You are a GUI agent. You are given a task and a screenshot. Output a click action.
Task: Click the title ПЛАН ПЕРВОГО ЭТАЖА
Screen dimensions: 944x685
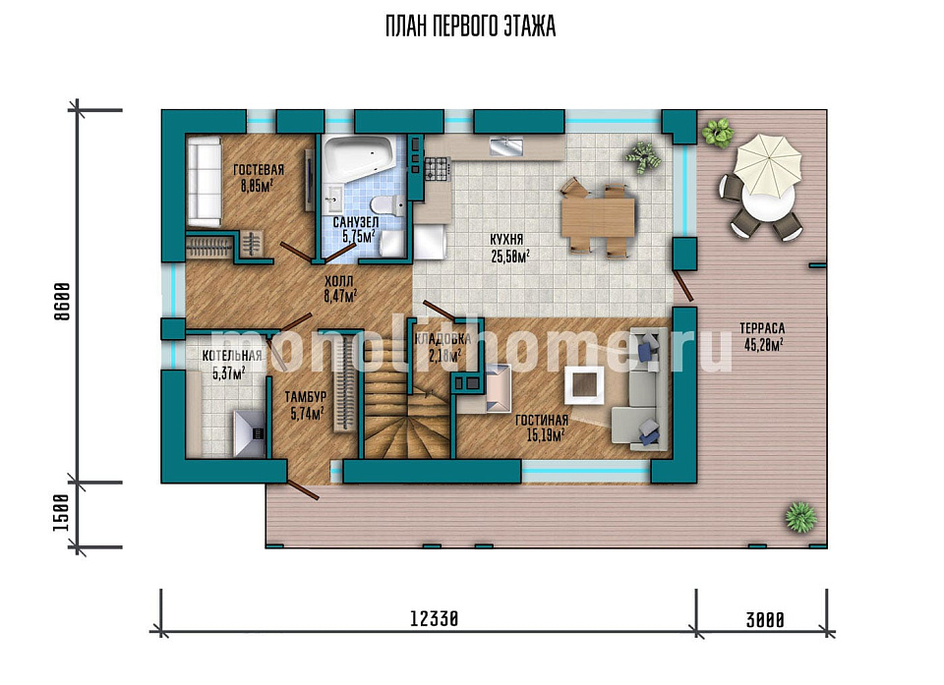click(x=470, y=28)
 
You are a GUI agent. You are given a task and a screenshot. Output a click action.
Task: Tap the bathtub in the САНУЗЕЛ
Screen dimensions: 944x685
click(x=359, y=158)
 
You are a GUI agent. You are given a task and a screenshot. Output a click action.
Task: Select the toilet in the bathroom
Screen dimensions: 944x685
click(x=389, y=205)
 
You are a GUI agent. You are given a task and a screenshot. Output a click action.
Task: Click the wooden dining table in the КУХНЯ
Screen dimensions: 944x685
click(x=597, y=218)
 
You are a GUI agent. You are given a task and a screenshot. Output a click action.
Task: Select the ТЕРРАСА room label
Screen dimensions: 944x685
click(x=762, y=328)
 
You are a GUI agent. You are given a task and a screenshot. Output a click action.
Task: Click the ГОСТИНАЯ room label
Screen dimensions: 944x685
click(x=542, y=421)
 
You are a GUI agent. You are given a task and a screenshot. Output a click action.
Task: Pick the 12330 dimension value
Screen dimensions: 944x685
click(x=434, y=618)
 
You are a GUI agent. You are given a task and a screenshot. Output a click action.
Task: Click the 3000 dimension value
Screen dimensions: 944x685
click(x=765, y=619)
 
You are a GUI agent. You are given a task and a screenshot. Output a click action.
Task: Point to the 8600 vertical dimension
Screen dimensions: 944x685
click(x=62, y=301)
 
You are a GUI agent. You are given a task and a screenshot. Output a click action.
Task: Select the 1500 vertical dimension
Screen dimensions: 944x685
click(x=62, y=513)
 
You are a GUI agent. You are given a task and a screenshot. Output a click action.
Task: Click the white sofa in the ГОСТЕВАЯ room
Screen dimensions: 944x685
click(x=204, y=181)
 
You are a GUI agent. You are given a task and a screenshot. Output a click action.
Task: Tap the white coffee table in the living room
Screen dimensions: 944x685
click(x=584, y=386)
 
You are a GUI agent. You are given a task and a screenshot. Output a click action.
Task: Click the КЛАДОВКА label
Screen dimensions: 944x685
click(x=442, y=339)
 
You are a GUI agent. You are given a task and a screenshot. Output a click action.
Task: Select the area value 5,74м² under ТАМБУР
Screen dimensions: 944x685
click(x=307, y=413)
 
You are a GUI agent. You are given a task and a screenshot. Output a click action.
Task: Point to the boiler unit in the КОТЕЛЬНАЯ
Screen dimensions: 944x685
click(x=249, y=432)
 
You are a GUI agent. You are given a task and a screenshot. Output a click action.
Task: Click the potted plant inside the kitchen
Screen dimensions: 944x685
click(x=643, y=157)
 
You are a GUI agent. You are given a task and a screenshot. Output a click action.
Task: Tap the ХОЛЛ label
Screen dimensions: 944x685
click(x=339, y=281)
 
